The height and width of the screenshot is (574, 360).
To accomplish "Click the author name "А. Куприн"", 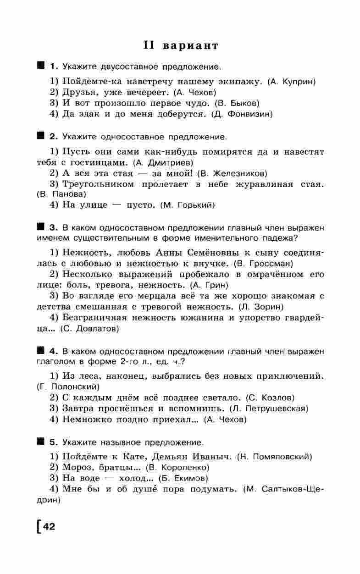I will click(x=295, y=82).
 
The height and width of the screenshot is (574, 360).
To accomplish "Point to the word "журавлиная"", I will click(x=270, y=184).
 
